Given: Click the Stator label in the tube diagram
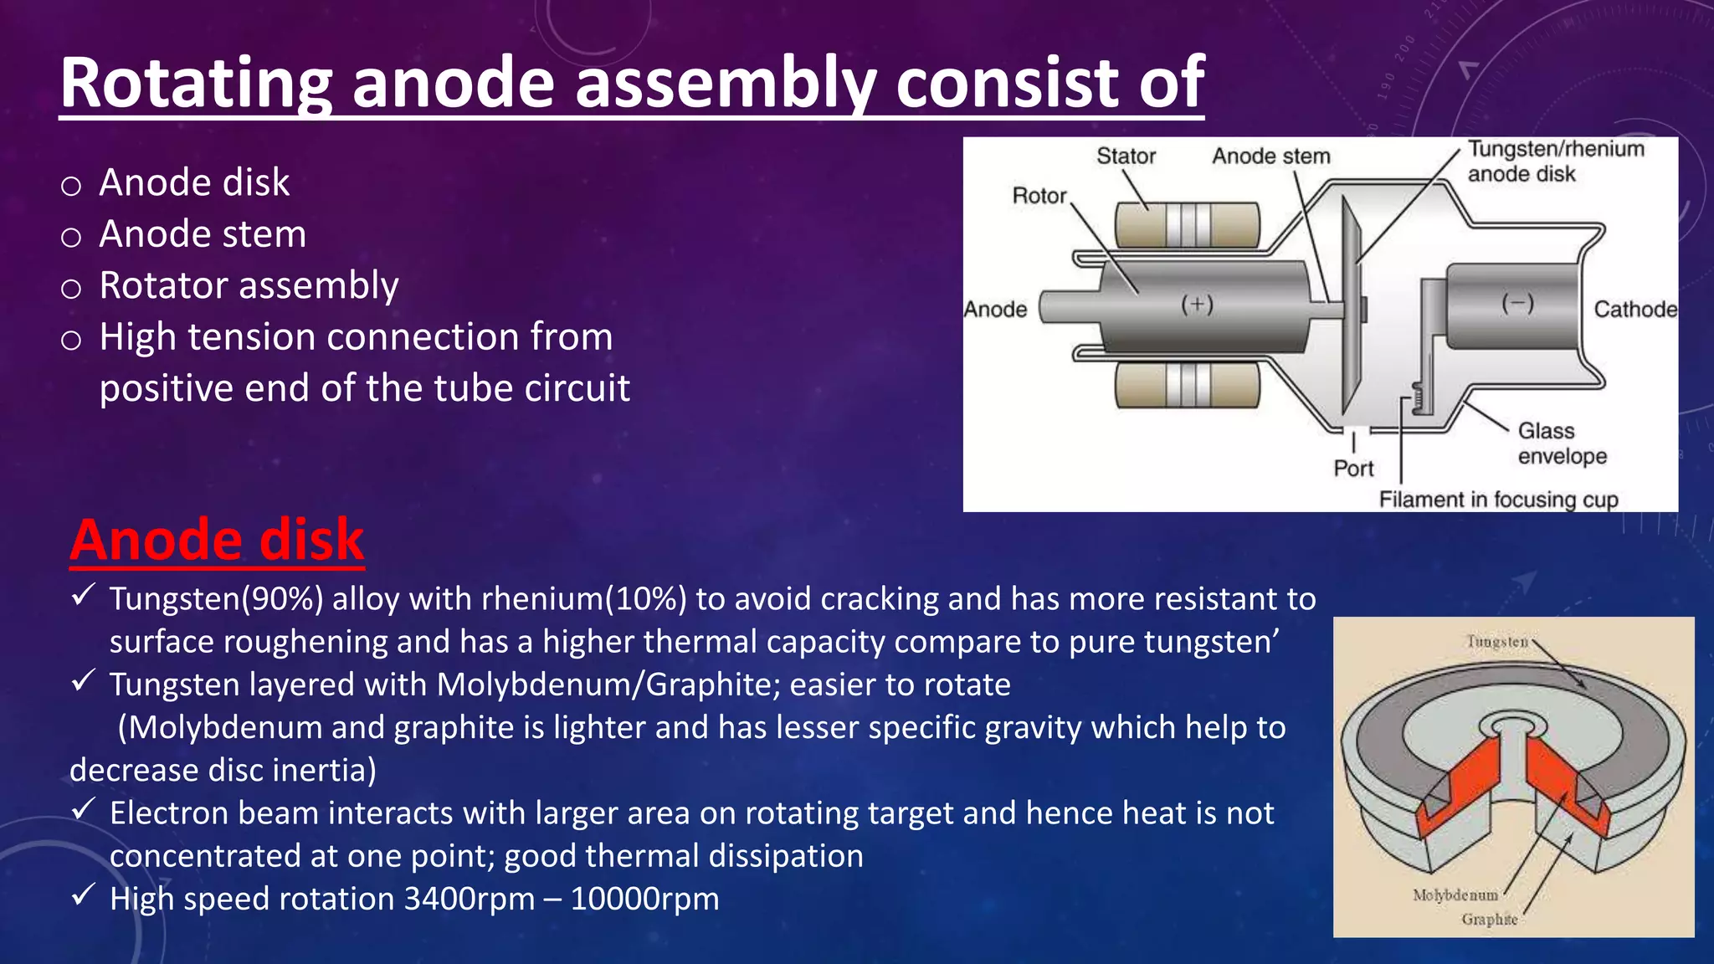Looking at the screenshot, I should [x=1126, y=156].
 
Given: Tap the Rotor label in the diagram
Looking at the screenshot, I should [x=1039, y=196].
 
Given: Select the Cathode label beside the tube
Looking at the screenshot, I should [x=1634, y=310].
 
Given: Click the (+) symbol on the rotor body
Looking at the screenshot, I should [x=1197, y=304].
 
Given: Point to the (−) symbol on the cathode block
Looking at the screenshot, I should [x=1517, y=303].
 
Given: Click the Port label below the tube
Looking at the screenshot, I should [x=1353, y=469].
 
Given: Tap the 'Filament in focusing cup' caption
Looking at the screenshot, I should [x=1498, y=500].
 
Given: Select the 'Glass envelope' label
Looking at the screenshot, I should [x=1562, y=444].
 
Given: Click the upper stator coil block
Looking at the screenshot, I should [x=1187, y=224].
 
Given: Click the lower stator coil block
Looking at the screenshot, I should [x=1187, y=386].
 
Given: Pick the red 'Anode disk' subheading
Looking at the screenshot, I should [x=217, y=540].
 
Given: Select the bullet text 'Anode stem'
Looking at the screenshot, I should [x=203, y=234].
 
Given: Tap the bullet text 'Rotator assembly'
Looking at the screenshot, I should [x=249, y=285].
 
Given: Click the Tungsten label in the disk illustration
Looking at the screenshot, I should [x=1497, y=642].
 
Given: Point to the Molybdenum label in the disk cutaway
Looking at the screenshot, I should [x=1455, y=895].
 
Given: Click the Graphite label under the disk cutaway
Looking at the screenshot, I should [x=1489, y=919].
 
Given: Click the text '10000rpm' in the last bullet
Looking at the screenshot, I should [x=644, y=899].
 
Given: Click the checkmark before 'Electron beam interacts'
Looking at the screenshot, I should [x=83, y=809].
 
